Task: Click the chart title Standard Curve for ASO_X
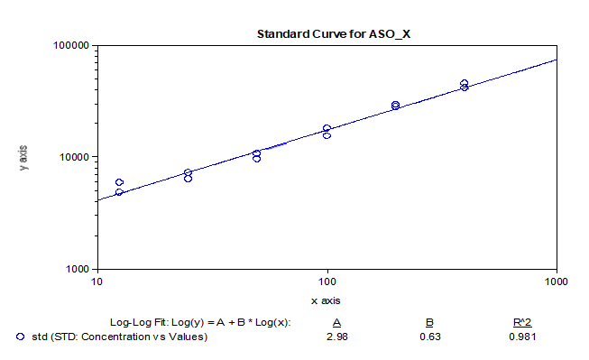pyautogui.click(x=333, y=34)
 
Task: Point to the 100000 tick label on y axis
pyautogui.click(x=71, y=45)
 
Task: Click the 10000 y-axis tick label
pyautogui.click(x=74, y=157)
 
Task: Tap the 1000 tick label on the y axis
pyautogui.click(x=78, y=269)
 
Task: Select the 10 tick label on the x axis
pyautogui.click(x=97, y=282)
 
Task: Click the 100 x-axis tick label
pyautogui.click(x=327, y=282)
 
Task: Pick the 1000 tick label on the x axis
pyautogui.click(x=557, y=282)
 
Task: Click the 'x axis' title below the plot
pyautogui.click(x=326, y=301)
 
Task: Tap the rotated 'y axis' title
pyautogui.click(x=23, y=158)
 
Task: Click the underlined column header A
pyautogui.click(x=336, y=323)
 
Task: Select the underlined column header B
pyautogui.click(x=429, y=323)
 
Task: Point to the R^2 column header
pyautogui.click(x=522, y=323)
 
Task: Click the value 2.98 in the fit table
pyautogui.click(x=337, y=337)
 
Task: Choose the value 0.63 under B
pyautogui.click(x=430, y=337)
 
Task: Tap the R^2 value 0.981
pyautogui.click(x=522, y=337)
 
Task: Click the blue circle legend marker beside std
pyautogui.click(x=21, y=337)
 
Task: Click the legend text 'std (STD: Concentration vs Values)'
pyautogui.click(x=119, y=337)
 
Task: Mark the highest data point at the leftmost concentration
pyautogui.click(x=119, y=182)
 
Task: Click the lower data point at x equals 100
pyautogui.click(x=327, y=135)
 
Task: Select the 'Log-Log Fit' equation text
pyautogui.click(x=200, y=323)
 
